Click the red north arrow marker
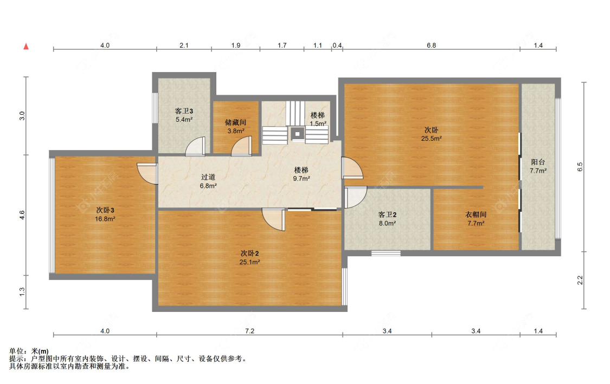tap(26, 47)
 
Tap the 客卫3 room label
tap(184, 111)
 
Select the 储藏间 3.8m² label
tap(236, 127)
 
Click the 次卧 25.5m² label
tap(432, 134)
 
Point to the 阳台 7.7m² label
tap(538, 166)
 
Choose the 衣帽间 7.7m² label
tap(476, 219)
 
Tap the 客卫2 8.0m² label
tap(387, 219)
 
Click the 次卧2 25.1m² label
tap(250, 258)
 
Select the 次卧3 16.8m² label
tap(105, 214)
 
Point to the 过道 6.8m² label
tap(208, 181)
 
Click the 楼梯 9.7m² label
tap(301, 174)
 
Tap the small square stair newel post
tap(298, 134)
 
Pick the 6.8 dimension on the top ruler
tap(432, 45)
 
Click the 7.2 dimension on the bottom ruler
tap(250, 331)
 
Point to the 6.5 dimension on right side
tap(580, 167)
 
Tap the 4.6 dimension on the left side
tap(22, 215)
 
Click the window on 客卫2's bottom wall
tap(386, 253)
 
